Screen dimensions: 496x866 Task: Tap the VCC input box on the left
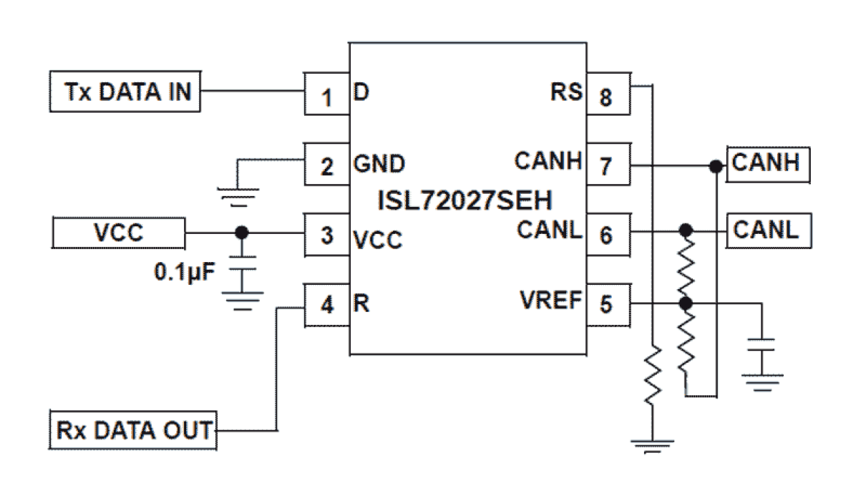(x=119, y=232)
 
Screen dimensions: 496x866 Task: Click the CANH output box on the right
(x=765, y=164)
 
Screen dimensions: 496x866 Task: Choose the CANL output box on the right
(x=765, y=230)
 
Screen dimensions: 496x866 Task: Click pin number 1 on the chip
(x=328, y=97)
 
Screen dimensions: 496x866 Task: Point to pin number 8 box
(x=606, y=97)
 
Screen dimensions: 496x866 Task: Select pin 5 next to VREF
(x=606, y=304)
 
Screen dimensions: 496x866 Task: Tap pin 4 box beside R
(x=328, y=304)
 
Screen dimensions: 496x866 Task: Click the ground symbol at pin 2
(x=238, y=192)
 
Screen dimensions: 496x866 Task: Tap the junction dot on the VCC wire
(x=241, y=232)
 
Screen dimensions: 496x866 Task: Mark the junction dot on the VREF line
(x=685, y=304)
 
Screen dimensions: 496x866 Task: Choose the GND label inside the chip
(x=379, y=165)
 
